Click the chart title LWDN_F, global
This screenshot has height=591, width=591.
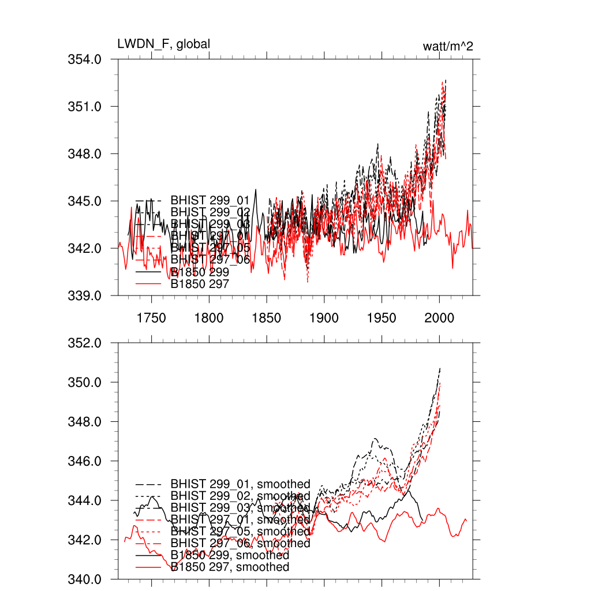coord(163,44)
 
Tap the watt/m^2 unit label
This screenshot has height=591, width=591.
coord(448,46)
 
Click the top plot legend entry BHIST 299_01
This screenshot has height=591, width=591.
coord(210,200)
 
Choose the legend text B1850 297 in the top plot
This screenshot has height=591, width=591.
coord(200,284)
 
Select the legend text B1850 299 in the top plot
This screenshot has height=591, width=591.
coord(200,272)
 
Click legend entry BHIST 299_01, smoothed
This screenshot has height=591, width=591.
coord(240,484)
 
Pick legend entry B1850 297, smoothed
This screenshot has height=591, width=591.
coord(230,567)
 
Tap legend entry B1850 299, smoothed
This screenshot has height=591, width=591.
coord(230,555)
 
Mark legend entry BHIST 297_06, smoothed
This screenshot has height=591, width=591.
coord(240,543)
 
